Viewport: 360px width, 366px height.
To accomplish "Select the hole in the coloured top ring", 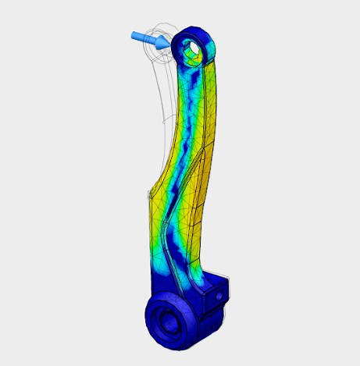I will click(x=193, y=52).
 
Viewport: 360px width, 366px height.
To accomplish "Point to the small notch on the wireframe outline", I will click(x=162, y=122).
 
